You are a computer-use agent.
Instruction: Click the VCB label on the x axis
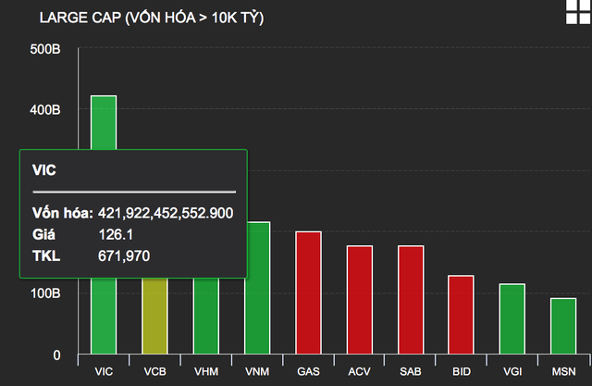(155, 371)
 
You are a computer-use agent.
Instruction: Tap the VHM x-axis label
(206, 371)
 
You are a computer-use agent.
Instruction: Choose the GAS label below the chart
(308, 371)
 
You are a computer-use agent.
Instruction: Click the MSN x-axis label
(563, 371)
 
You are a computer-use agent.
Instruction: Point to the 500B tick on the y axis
(45, 48)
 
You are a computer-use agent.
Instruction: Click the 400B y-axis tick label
(45, 110)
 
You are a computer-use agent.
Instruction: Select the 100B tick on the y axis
(45, 293)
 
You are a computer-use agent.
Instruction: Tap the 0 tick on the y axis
(56, 355)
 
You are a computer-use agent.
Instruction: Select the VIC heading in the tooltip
(43, 170)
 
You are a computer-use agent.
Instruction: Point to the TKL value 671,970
(124, 255)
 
